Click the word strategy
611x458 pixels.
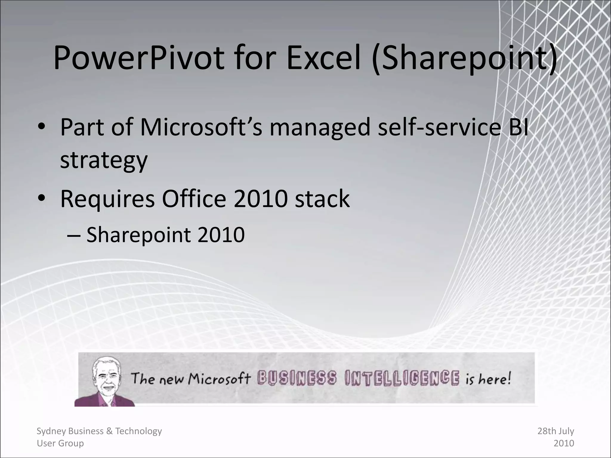click(x=104, y=160)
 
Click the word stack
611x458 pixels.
click(x=322, y=199)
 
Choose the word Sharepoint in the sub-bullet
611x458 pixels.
click(x=138, y=235)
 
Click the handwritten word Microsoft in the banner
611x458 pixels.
click(x=219, y=379)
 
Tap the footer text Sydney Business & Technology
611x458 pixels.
click(x=99, y=431)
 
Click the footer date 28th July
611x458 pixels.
click(x=556, y=431)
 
